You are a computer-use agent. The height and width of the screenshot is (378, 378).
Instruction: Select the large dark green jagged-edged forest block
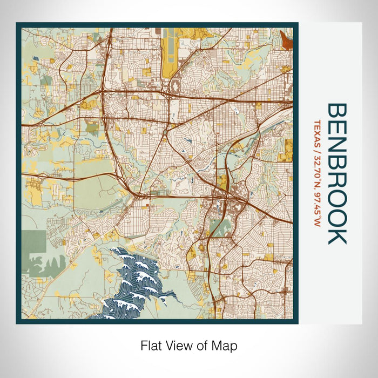point(33,243)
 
